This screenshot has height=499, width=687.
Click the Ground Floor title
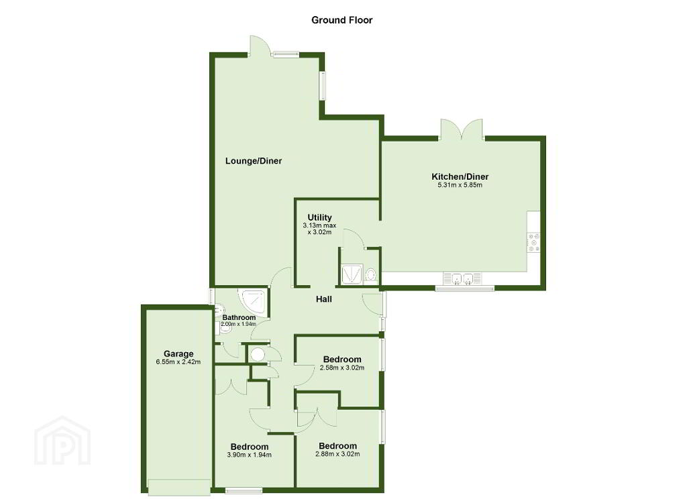coord(341,20)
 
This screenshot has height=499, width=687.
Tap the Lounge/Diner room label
coord(253,161)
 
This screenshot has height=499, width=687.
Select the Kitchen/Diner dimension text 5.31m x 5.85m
coord(460,185)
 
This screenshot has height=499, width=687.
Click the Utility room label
coord(319,217)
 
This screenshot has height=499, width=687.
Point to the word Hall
coord(324,299)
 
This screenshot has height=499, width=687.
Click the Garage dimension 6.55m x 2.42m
coord(178,362)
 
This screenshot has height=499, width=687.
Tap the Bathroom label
coord(239,317)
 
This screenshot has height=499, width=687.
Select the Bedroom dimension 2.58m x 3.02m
coord(342,368)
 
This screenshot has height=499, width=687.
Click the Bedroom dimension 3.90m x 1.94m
coord(250,455)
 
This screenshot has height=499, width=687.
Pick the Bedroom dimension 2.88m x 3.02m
coord(337,454)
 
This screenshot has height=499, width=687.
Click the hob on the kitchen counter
coord(533,242)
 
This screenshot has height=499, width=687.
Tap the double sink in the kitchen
coord(462,278)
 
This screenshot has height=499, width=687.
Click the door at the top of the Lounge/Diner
coord(258,46)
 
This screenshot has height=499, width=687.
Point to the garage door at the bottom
coord(179,487)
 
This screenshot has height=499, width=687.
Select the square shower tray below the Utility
coord(352,274)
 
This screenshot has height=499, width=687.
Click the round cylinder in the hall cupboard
coord(257,354)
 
